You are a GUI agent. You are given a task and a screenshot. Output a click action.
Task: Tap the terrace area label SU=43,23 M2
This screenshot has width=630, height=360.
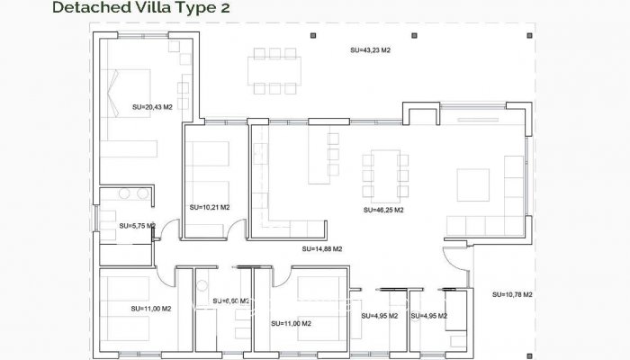(x=370, y=50)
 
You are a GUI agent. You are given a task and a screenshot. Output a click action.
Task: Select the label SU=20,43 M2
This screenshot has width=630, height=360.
(x=151, y=106)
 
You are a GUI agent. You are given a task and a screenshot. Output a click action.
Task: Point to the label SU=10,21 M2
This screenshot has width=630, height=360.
(x=210, y=207)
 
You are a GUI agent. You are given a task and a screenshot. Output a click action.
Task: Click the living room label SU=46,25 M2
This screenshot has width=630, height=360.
(x=382, y=210)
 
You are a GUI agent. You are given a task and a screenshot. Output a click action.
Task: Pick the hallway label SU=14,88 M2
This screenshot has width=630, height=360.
(x=321, y=248)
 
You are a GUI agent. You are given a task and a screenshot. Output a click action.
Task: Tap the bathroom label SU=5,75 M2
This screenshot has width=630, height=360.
(x=138, y=226)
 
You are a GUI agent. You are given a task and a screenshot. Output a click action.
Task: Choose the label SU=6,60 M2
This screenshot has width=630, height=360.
(x=230, y=301)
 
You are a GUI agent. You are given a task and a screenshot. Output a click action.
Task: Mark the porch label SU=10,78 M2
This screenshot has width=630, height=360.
(x=513, y=294)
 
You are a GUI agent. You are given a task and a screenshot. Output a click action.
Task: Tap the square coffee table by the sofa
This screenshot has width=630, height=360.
(x=473, y=184)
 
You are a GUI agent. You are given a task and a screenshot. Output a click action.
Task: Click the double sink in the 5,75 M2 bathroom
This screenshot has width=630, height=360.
(x=132, y=193)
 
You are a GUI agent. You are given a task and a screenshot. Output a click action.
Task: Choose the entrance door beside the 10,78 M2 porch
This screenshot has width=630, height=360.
(x=461, y=262)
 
